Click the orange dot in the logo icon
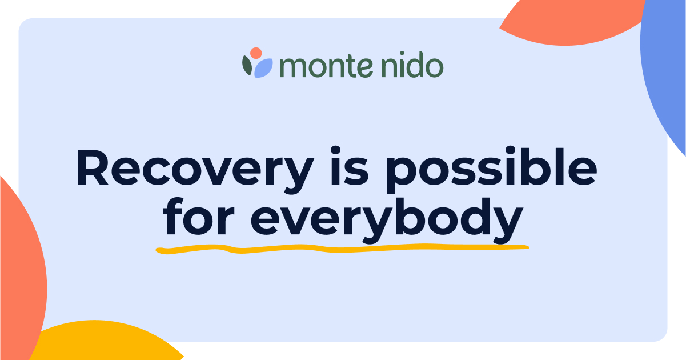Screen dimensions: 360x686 coord(256,53)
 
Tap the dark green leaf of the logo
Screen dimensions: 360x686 coord(247,66)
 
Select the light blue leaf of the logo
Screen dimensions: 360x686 coord(263,69)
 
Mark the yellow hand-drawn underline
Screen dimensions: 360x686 coord(343,249)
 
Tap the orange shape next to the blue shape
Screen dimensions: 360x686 coord(571,20)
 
